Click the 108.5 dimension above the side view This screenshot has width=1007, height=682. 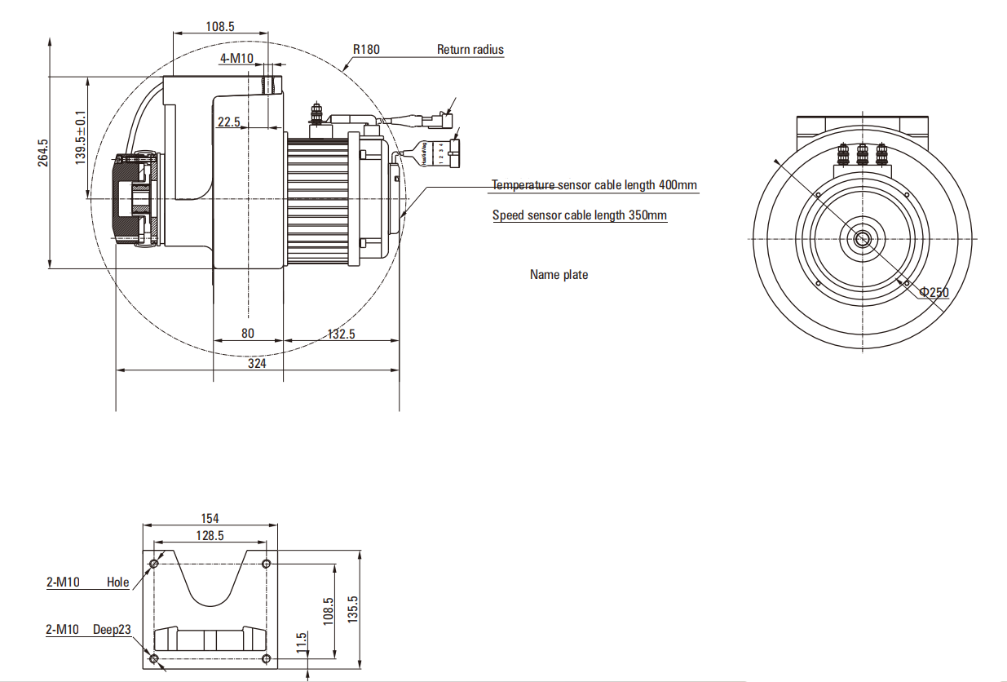(x=220, y=26)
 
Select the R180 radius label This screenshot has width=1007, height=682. (x=366, y=49)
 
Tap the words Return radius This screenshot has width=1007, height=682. (x=470, y=49)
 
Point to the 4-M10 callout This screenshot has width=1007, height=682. (x=237, y=58)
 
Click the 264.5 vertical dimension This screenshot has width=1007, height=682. (x=43, y=153)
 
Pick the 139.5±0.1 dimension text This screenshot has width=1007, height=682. (x=81, y=137)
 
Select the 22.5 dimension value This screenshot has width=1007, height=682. (x=228, y=122)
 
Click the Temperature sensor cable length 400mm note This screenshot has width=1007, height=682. (x=594, y=185)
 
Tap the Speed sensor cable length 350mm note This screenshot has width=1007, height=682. (x=580, y=215)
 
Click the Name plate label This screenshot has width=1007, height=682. (x=559, y=275)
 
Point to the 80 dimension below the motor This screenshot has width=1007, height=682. (x=248, y=333)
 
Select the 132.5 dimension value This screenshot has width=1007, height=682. (x=341, y=334)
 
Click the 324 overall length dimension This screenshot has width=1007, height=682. (x=257, y=364)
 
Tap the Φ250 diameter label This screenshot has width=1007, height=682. (x=934, y=292)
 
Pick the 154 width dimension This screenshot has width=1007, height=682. (x=210, y=518)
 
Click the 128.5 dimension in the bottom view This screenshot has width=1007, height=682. (x=210, y=535)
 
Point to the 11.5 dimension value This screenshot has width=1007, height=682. (x=302, y=641)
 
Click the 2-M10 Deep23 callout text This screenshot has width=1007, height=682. (x=88, y=629)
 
